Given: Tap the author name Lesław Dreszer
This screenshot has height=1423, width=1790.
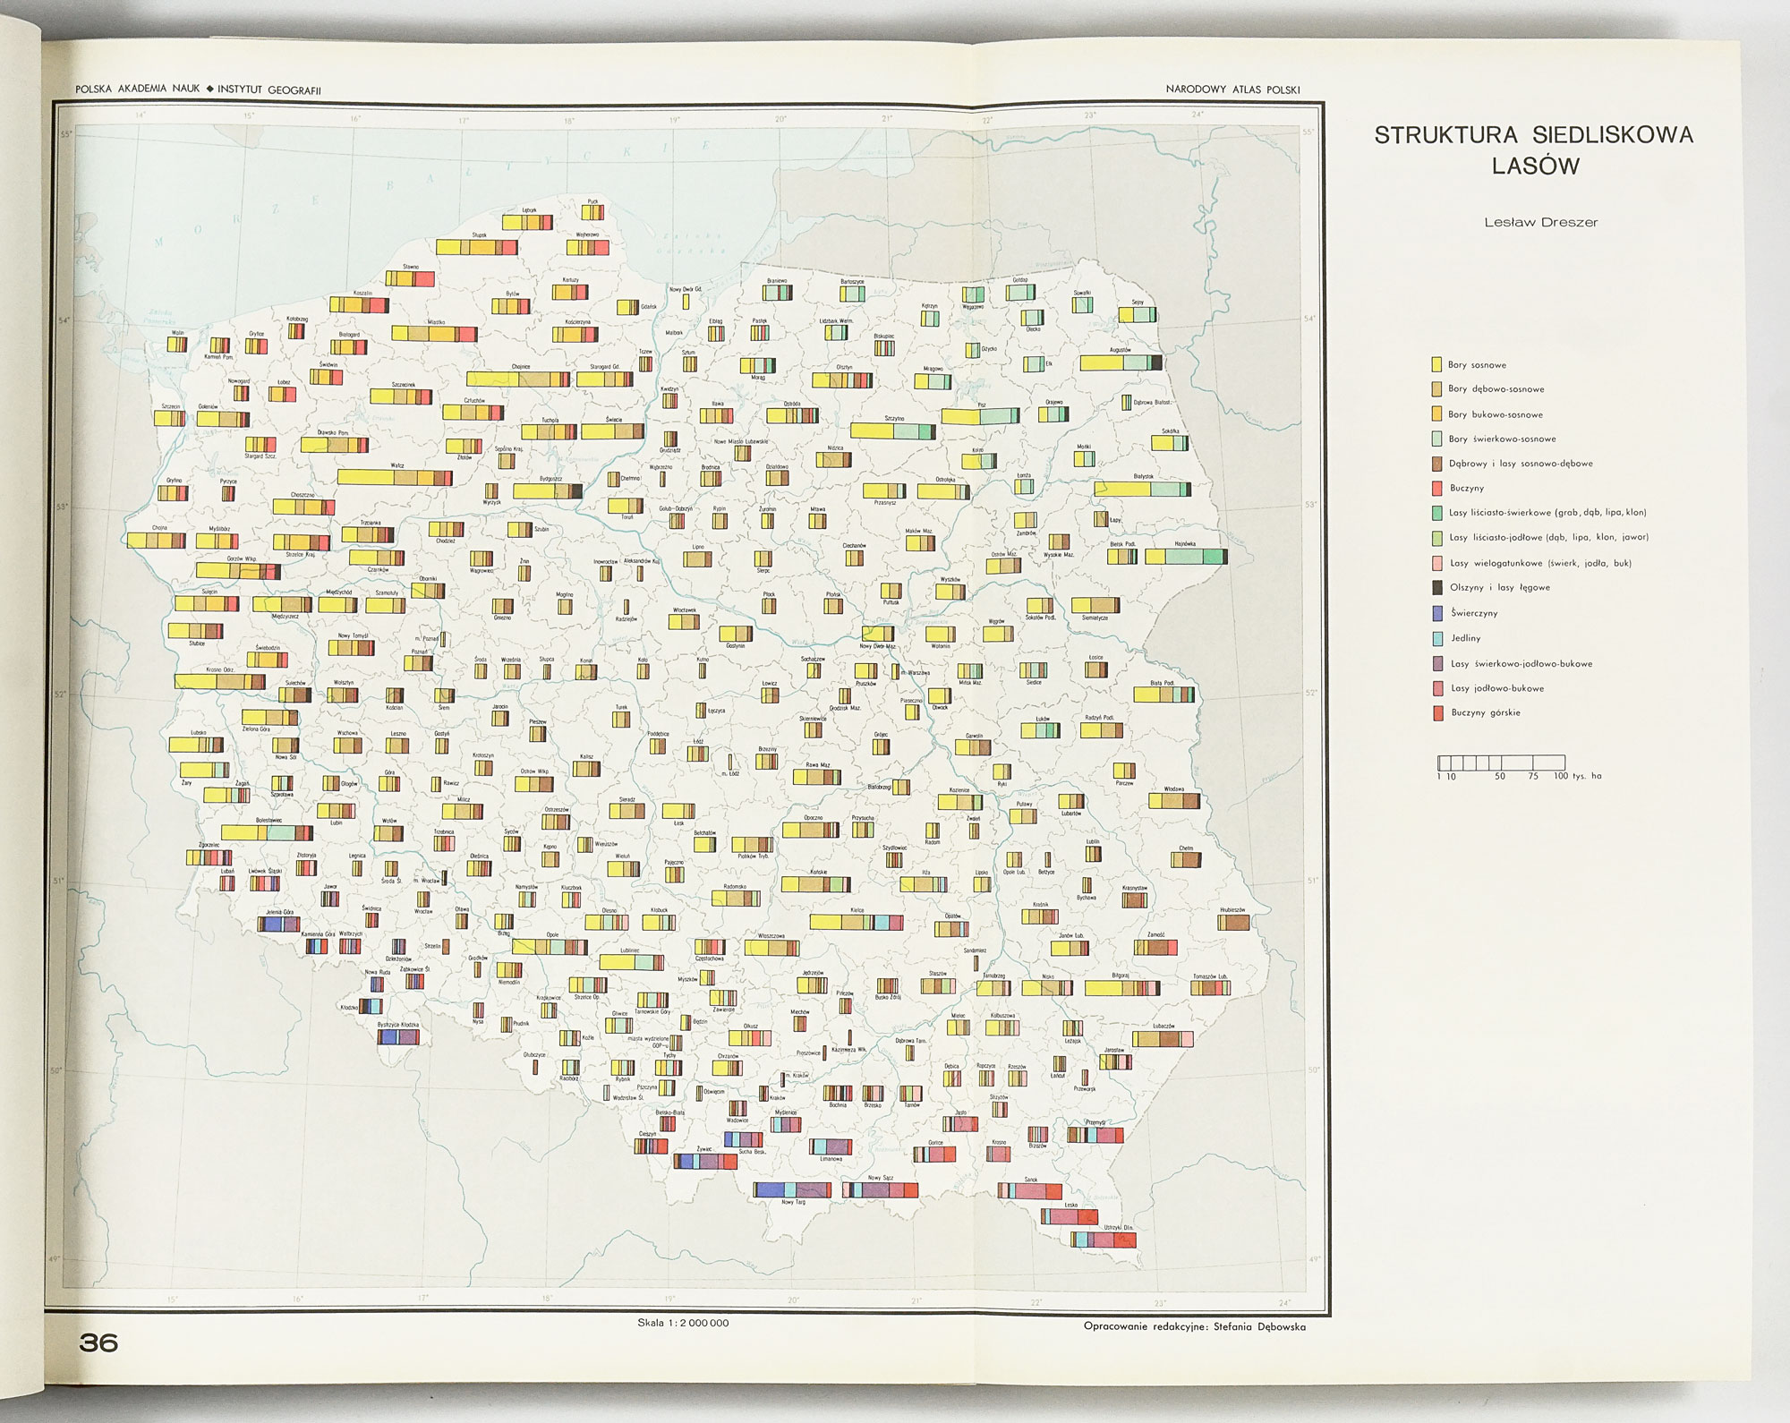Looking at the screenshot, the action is click(1540, 223).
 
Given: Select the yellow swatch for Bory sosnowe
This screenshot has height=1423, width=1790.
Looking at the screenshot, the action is click(1436, 364).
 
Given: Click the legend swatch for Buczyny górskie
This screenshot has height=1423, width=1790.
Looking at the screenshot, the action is click(1437, 713).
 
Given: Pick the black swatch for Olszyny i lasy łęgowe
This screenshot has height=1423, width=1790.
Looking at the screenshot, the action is click(1437, 588).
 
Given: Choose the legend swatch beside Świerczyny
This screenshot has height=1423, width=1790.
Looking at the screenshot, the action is click(1437, 613).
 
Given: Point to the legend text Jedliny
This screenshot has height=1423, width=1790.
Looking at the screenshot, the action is click(1466, 638).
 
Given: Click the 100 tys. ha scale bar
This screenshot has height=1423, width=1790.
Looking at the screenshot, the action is click(1501, 763).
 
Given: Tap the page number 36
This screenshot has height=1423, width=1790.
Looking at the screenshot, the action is click(98, 1342).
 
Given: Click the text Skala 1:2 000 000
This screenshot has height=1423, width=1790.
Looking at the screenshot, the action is click(683, 1323).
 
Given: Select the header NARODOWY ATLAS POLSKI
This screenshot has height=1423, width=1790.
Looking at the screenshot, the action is click(1232, 89).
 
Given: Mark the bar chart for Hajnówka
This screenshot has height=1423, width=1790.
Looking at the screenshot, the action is click(1186, 557).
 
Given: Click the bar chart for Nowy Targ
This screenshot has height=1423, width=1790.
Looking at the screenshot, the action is click(792, 1189).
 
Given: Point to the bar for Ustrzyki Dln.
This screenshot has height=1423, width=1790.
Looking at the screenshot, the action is click(1103, 1240).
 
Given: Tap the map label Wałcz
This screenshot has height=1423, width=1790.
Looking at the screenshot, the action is click(397, 465).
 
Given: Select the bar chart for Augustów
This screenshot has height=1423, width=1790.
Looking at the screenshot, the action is click(1121, 362).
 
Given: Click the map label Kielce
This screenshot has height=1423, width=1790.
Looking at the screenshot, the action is click(857, 910).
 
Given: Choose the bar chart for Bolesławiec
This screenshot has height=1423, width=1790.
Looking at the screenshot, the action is click(267, 832).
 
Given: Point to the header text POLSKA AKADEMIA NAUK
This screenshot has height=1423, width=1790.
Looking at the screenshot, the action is click(138, 89).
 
